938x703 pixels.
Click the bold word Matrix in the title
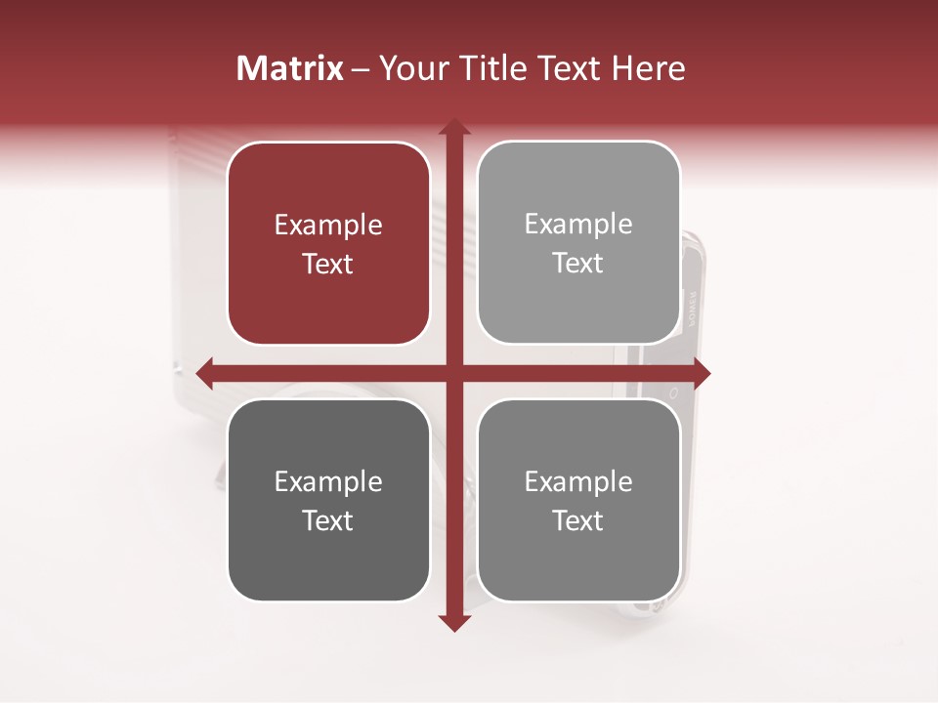tap(290, 68)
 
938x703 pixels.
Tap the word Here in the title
tap(648, 68)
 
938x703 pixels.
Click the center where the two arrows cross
tap(453, 372)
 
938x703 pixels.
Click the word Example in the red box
tap(328, 226)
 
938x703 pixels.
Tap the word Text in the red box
tap(328, 265)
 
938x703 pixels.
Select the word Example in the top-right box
tap(578, 225)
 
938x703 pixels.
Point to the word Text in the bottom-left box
tap(328, 521)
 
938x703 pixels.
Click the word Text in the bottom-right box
tap(578, 521)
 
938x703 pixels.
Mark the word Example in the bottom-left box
tap(328, 482)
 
